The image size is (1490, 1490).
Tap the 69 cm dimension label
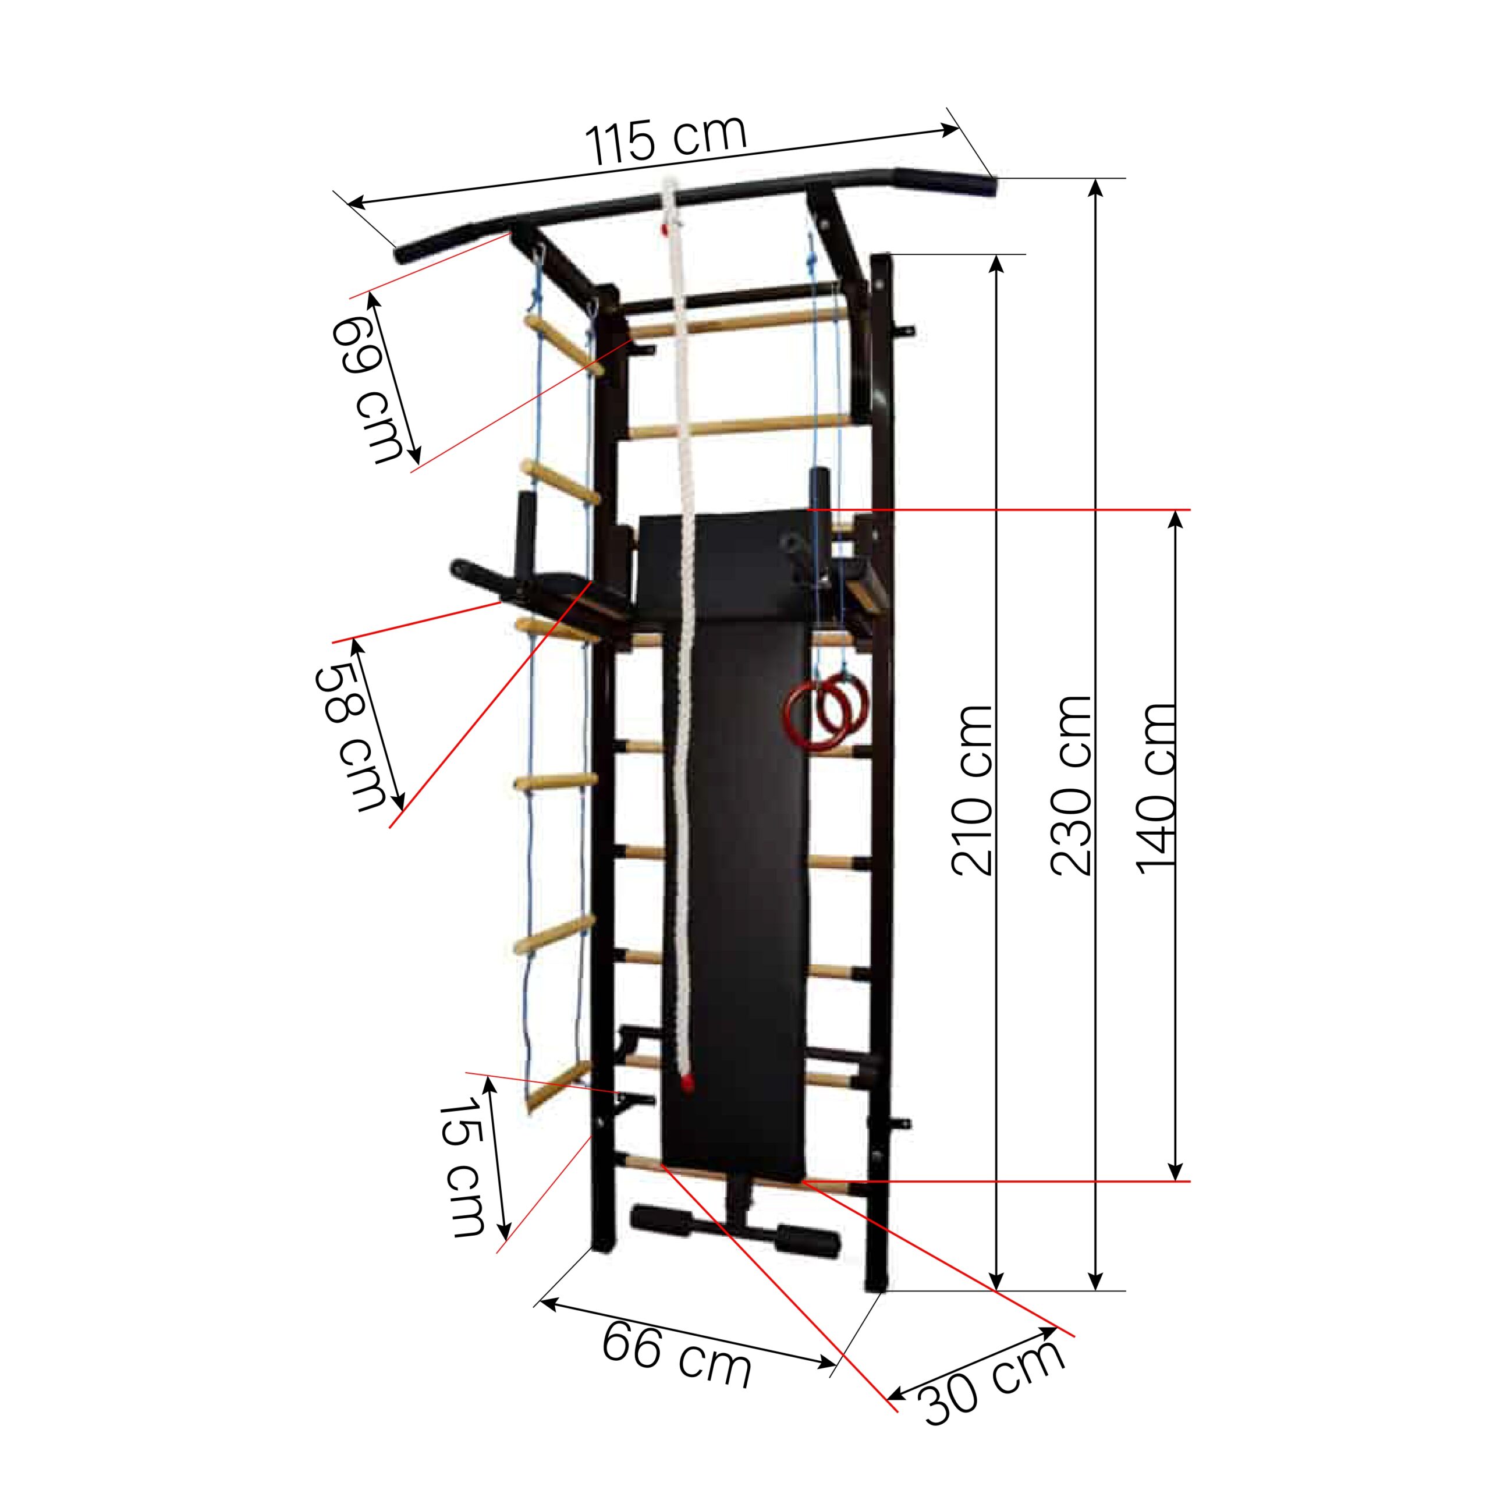click(368, 389)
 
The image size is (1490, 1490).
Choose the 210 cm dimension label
click(972, 790)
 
